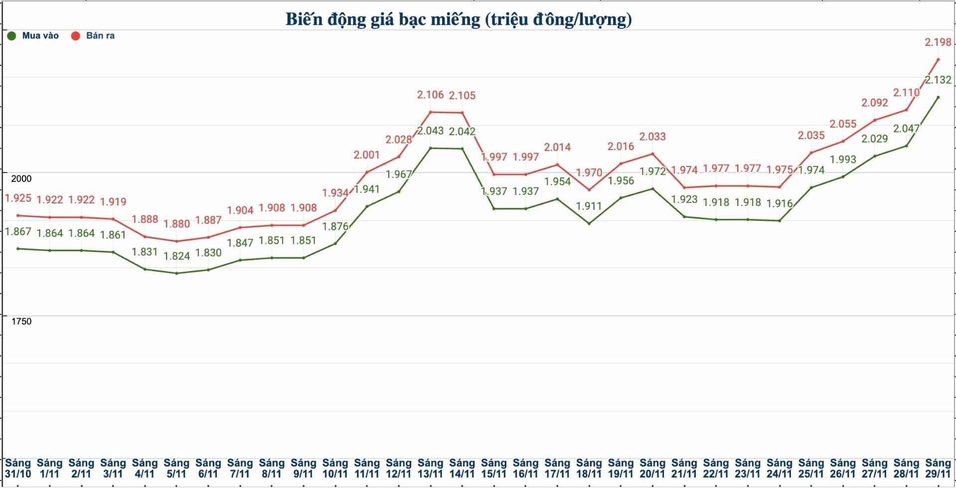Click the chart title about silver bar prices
click(459, 19)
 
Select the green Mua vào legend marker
click(11, 36)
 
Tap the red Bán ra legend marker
click(75, 36)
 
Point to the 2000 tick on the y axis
click(21, 178)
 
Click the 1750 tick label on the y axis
click(21, 322)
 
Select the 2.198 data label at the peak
click(938, 42)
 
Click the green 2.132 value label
click(938, 80)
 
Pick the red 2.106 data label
click(430, 95)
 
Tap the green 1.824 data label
click(176, 256)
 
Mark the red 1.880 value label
click(176, 224)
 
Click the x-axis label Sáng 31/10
click(18, 469)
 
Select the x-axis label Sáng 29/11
click(938, 469)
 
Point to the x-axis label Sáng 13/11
click(430, 469)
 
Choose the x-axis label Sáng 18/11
click(589, 469)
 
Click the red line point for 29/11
click(938, 60)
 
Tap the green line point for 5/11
click(176, 273)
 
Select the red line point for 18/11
click(589, 190)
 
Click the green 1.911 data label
click(589, 206)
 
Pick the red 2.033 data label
click(652, 137)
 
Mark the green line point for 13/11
click(430, 148)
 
